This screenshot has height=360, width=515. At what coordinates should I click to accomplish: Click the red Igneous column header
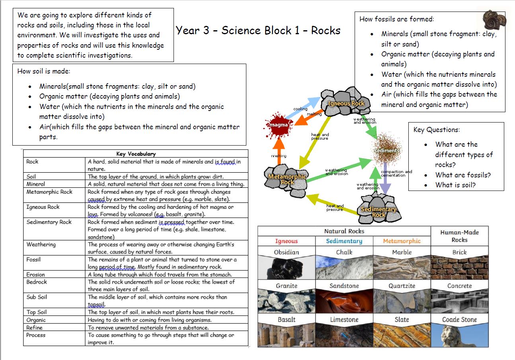(286, 241)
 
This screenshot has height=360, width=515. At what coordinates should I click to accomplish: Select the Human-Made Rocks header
(459, 236)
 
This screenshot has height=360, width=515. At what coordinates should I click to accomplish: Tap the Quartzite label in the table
(402, 286)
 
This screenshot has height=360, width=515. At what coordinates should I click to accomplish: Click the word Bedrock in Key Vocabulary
(37, 282)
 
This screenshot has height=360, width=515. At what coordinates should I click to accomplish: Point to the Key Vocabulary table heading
(136, 154)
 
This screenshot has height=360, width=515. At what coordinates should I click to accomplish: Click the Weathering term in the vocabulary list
(41, 244)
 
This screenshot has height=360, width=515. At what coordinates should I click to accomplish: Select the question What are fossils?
(463, 175)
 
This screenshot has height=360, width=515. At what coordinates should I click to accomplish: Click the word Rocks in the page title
(326, 30)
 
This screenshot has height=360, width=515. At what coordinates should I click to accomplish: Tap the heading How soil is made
(44, 71)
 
